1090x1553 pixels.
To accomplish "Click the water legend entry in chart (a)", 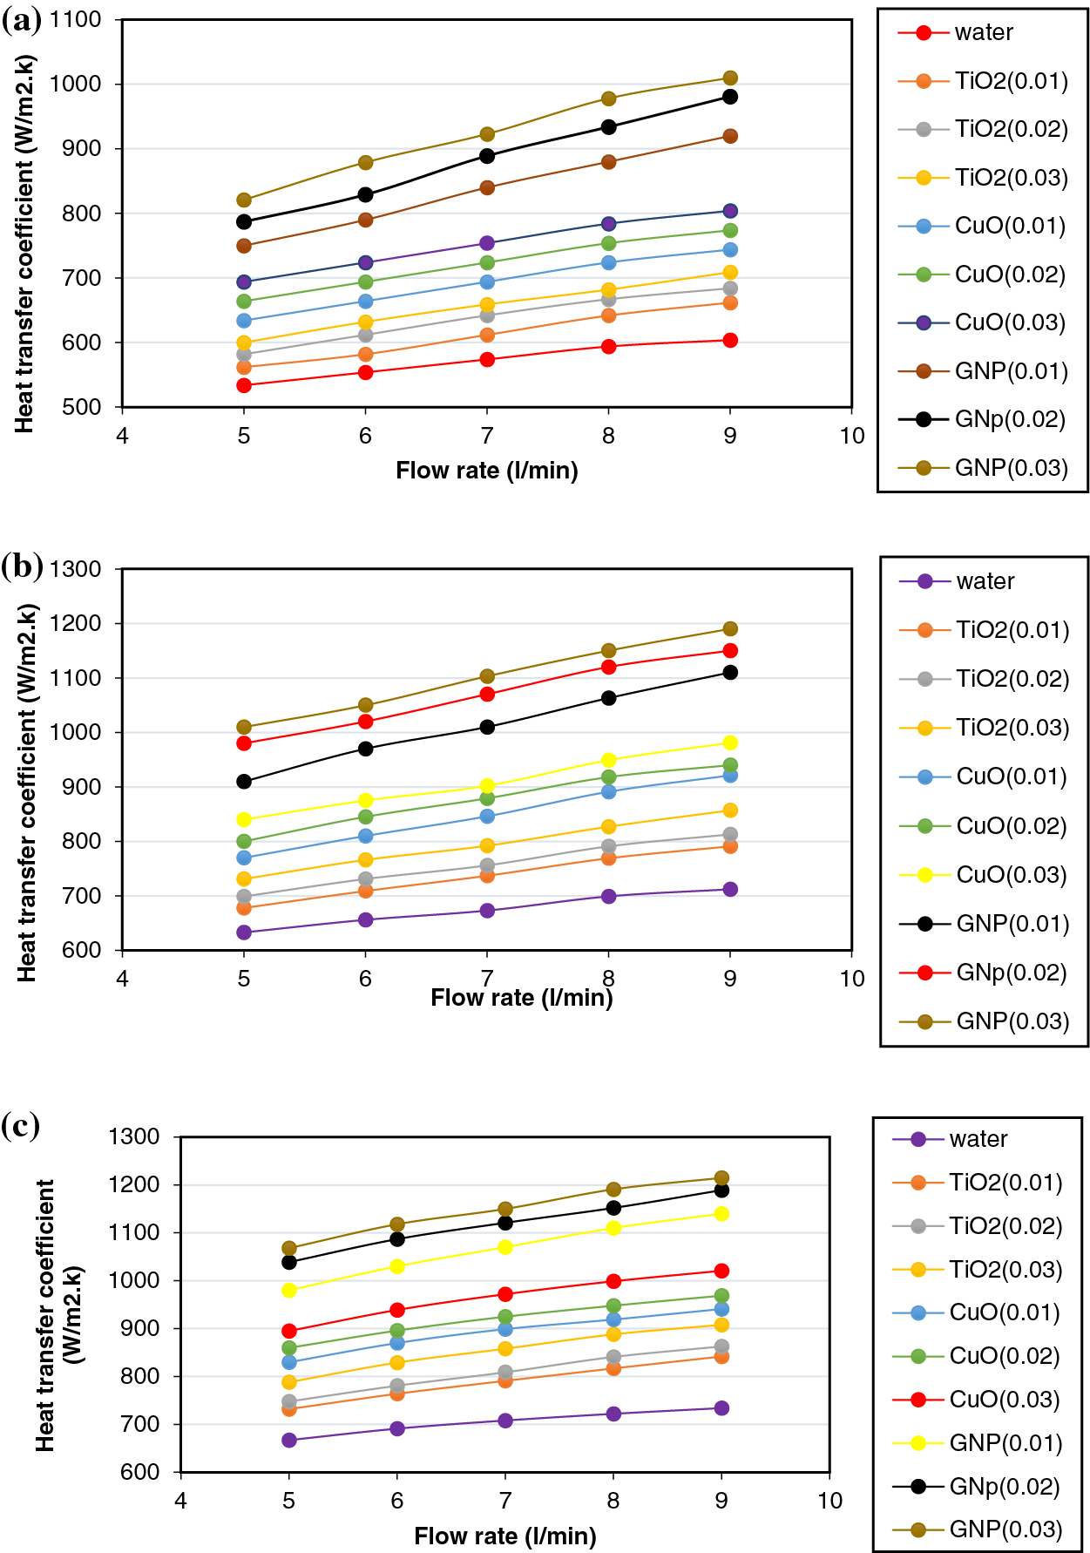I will point(983,33).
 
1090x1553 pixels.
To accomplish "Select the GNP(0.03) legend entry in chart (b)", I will point(1012,1021).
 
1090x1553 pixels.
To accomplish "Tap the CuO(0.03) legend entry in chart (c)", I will point(1004,1400).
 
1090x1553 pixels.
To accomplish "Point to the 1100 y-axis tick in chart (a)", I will point(76,20).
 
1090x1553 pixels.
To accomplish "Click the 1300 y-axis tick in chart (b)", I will point(76,569).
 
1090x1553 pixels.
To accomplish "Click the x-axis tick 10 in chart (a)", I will point(851,436).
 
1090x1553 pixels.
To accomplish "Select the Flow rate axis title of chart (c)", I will point(505,1536).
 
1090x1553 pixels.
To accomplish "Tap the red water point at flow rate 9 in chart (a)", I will point(730,341).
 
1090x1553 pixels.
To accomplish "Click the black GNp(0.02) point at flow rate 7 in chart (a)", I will point(487,156).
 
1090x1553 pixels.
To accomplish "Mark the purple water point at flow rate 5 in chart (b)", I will point(244,932).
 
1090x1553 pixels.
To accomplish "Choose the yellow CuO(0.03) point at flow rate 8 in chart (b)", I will point(608,760).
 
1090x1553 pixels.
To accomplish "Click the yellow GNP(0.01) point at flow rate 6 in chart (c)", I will point(397,1266).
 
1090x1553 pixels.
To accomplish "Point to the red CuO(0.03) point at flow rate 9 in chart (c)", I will point(721,1271).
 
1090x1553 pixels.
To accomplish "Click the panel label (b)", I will point(22,566).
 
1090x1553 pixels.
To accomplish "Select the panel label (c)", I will point(20,1126).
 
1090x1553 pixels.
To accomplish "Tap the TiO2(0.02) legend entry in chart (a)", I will point(1011,130).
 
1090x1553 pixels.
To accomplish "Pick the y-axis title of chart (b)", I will point(26,793).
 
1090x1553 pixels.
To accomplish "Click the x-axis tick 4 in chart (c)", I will point(180,1500).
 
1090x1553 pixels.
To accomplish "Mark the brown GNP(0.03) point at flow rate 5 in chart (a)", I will point(244,200).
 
